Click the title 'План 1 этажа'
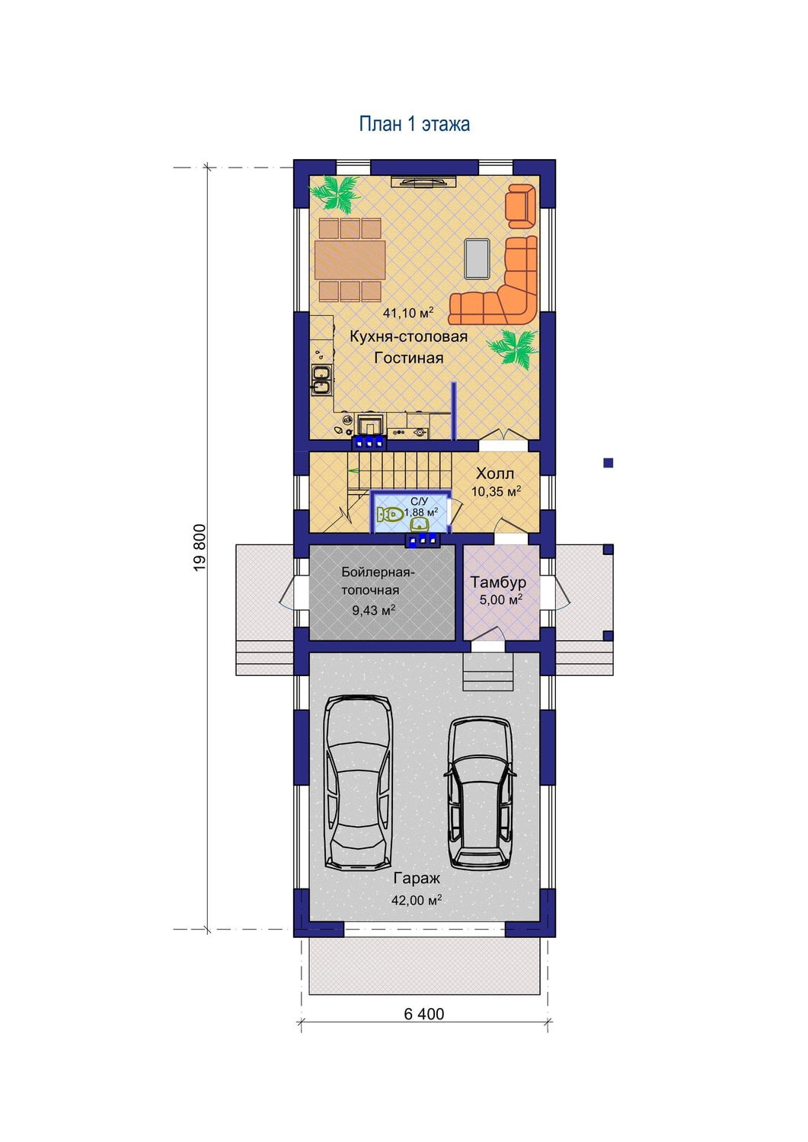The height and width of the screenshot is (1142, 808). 414,124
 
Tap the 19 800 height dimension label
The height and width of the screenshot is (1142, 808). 200,547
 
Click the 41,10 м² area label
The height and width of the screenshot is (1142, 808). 408,312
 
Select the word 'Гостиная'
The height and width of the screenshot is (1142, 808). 409,358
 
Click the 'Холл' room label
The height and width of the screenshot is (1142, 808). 495,474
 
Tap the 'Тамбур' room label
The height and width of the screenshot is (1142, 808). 498,582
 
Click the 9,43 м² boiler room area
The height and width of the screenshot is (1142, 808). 374,611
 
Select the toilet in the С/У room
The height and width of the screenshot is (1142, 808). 390,515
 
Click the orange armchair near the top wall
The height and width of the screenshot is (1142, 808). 520,206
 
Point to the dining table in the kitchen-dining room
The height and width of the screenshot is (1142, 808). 350,260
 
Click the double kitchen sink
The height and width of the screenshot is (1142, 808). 322,381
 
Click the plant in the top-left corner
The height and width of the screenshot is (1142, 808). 335,193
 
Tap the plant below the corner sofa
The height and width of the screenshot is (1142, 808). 512,346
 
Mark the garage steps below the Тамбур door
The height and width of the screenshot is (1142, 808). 487,671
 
